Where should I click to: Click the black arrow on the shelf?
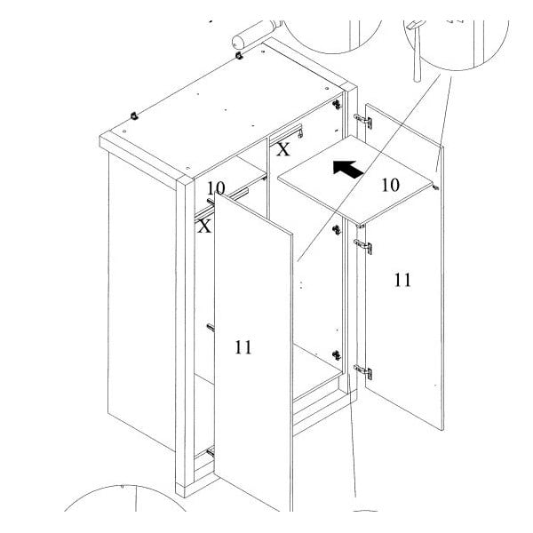[x=348, y=169]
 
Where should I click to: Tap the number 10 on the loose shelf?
[x=390, y=186]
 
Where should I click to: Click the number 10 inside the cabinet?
[x=216, y=188]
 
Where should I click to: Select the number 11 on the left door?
[x=243, y=347]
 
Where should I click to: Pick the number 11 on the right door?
[x=402, y=280]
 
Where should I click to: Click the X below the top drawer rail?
[x=282, y=149]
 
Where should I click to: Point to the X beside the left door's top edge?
[x=204, y=226]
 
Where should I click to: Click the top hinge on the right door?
[x=363, y=121]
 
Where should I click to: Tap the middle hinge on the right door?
[x=363, y=246]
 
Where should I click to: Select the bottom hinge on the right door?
[x=363, y=372]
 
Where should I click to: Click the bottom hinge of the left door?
[x=211, y=452]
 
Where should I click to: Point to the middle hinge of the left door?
[x=211, y=328]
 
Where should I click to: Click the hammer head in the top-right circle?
[x=415, y=25]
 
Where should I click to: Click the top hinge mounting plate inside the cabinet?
[x=337, y=104]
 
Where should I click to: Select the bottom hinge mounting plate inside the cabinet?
[x=337, y=355]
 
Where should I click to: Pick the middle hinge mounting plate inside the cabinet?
[x=337, y=230]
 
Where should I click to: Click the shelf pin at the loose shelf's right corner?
[x=436, y=187]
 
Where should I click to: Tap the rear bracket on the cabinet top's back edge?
[x=239, y=55]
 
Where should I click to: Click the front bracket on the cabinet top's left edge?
[x=135, y=115]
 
